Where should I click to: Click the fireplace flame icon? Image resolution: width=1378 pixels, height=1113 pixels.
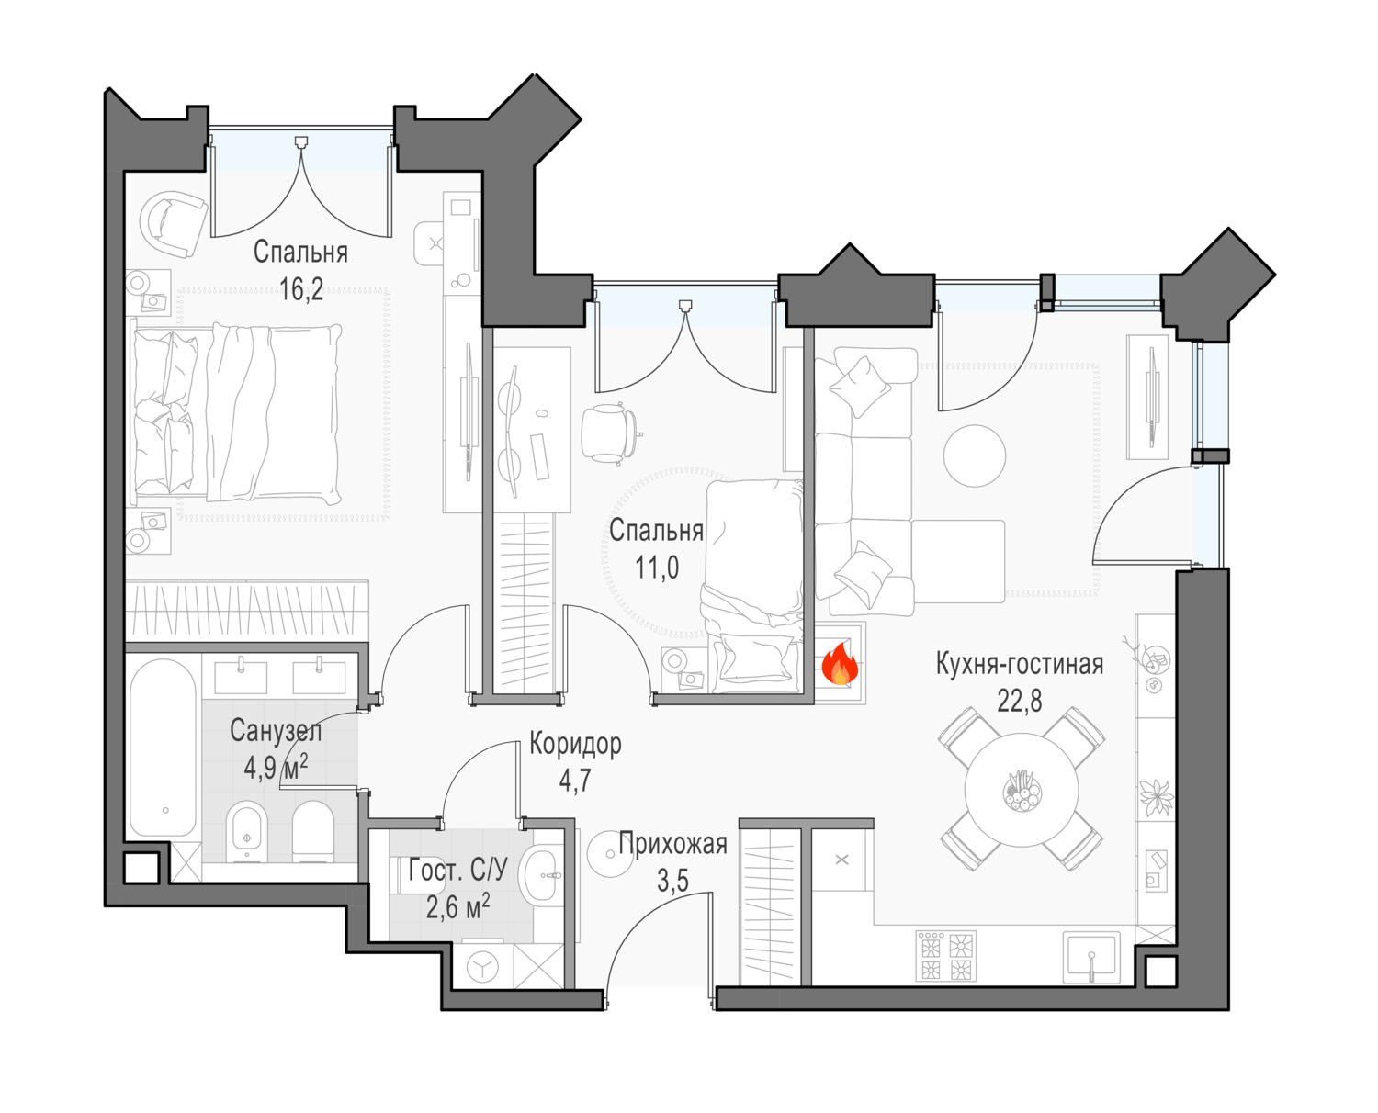[839, 663]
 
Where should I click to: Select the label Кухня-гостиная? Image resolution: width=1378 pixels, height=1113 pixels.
[1020, 664]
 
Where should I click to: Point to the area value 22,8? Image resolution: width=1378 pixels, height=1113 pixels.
[1020, 701]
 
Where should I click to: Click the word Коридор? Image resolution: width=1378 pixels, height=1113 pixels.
[575, 745]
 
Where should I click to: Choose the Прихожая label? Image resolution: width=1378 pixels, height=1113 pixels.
[672, 845]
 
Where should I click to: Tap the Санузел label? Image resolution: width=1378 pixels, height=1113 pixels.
[276, 731]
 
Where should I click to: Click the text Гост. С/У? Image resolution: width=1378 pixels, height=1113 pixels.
[457, 871]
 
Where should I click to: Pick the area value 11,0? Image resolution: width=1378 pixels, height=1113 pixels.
[657, 568]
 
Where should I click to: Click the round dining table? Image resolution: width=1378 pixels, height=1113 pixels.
[1022, 789]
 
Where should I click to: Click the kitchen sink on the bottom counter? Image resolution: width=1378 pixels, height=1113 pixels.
[1091, 957]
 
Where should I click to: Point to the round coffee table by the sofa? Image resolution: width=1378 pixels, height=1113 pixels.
[975, 455]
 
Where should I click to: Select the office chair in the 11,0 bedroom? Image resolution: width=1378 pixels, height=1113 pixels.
[611, 433]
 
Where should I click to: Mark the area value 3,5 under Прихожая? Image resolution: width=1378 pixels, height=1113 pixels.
[672, 881]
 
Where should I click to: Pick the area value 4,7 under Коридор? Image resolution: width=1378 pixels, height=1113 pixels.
[575, 781]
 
